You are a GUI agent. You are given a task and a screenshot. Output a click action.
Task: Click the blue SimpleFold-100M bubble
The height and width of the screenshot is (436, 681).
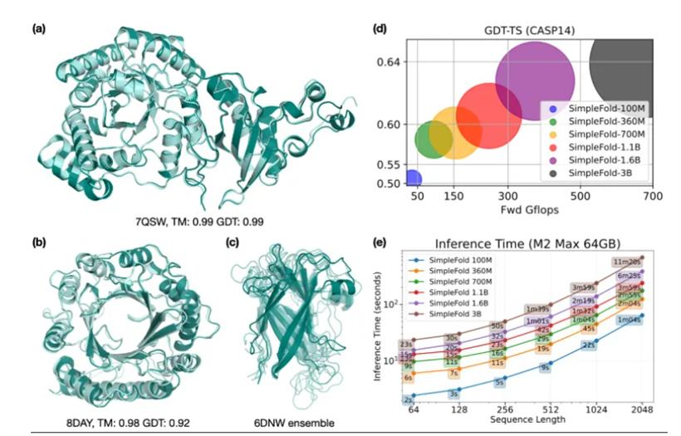(412, 178)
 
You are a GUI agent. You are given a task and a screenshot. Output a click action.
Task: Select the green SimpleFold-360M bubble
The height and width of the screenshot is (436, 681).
(433, 140)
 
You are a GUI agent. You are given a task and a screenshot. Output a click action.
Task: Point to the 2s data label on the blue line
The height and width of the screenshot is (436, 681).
(409, 399)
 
